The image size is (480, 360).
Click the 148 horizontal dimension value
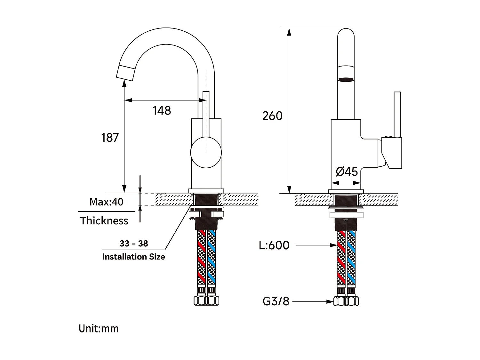point(162,111)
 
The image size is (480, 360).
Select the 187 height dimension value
point(110,138)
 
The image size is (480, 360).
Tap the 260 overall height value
point(272,116)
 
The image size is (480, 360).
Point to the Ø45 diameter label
point(347,172)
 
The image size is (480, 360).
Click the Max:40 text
point(106,202)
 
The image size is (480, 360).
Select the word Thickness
point(104,221)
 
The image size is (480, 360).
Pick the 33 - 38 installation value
point(134,244)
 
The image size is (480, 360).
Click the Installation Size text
point(133,257)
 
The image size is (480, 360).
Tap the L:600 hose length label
point(274,245)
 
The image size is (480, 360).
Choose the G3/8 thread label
point(276,301)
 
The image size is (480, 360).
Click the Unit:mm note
point(99,329)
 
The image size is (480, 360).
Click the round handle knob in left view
point(206,153)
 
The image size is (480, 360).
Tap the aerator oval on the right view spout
point(346,80)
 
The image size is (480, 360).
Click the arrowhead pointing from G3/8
point(330,301)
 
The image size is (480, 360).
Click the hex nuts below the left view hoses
point(206,301)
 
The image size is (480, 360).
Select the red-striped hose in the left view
point(201,258)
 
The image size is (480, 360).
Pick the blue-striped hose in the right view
point(351,258)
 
